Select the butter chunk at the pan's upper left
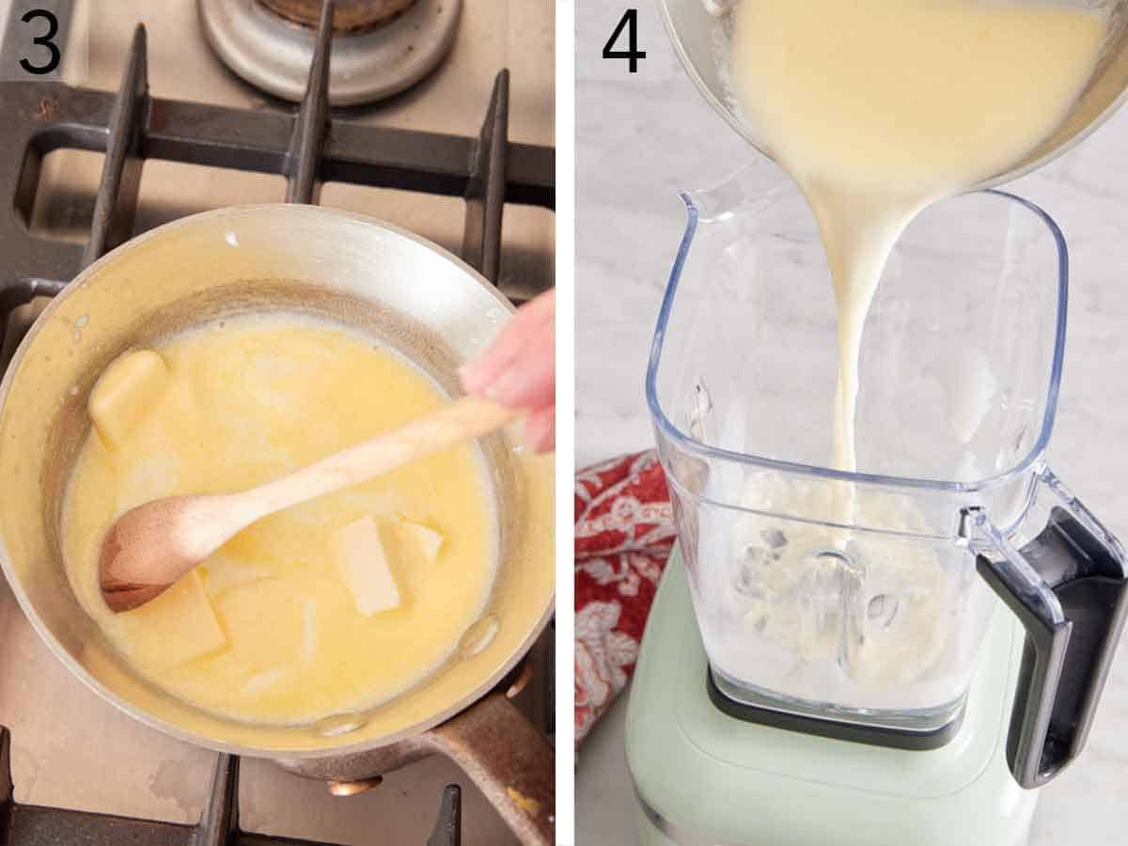coord(126,389)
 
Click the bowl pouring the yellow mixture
coord(902,75)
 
